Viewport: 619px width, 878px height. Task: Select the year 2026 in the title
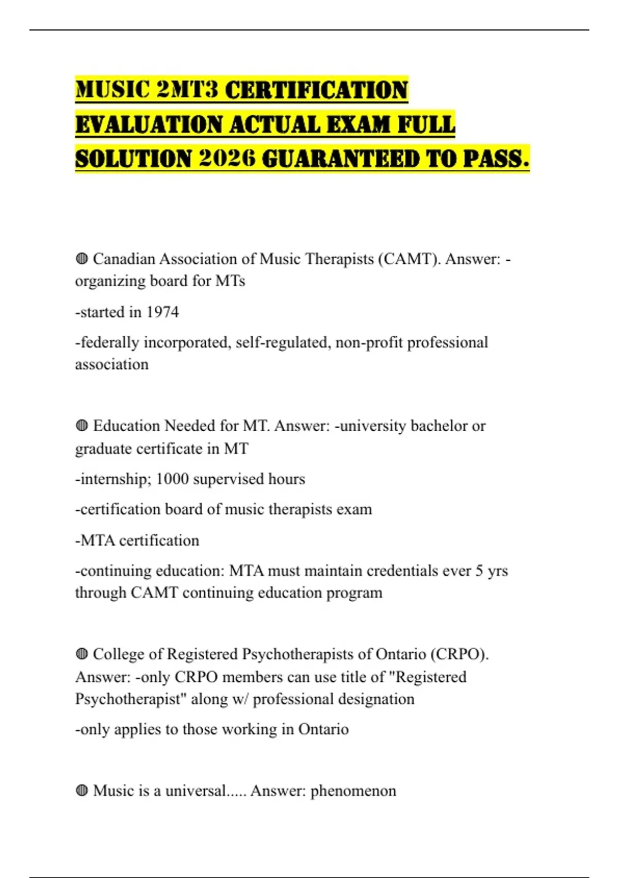227,159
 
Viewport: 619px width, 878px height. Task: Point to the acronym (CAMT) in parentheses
410,258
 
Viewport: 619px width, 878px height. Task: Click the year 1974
162,312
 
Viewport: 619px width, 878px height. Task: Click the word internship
115,479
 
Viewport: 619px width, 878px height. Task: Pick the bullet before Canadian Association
82,258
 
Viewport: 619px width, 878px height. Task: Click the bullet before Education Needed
82,426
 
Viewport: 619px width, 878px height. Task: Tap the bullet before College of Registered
82,654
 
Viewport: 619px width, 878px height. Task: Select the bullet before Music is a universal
82,790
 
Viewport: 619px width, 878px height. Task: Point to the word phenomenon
353,791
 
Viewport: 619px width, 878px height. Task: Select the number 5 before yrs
479,571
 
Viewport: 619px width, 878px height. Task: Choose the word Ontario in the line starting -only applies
323,729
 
